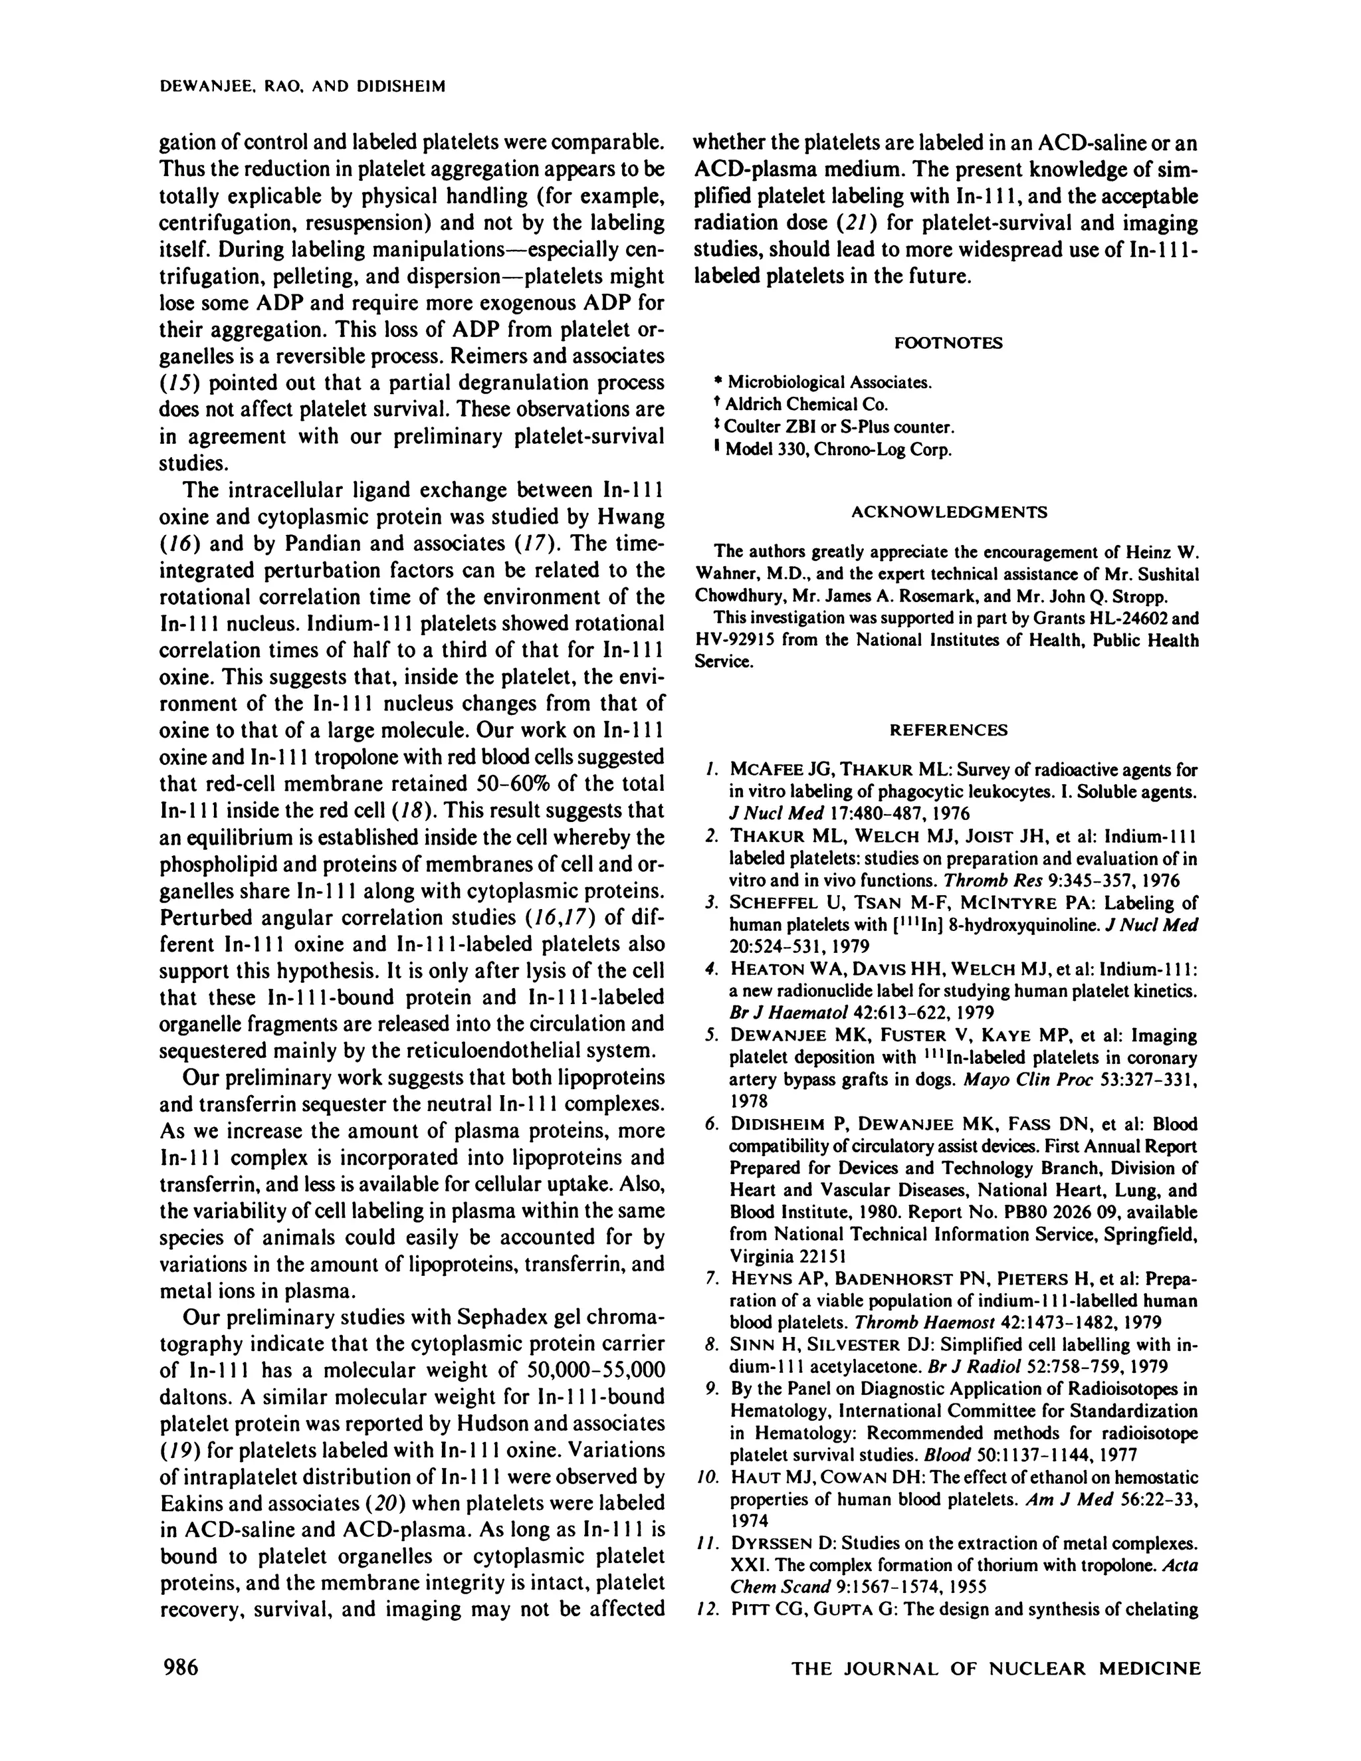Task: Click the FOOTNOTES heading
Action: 948,343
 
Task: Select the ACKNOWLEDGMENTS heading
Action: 949,511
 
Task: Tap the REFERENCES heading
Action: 948,730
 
